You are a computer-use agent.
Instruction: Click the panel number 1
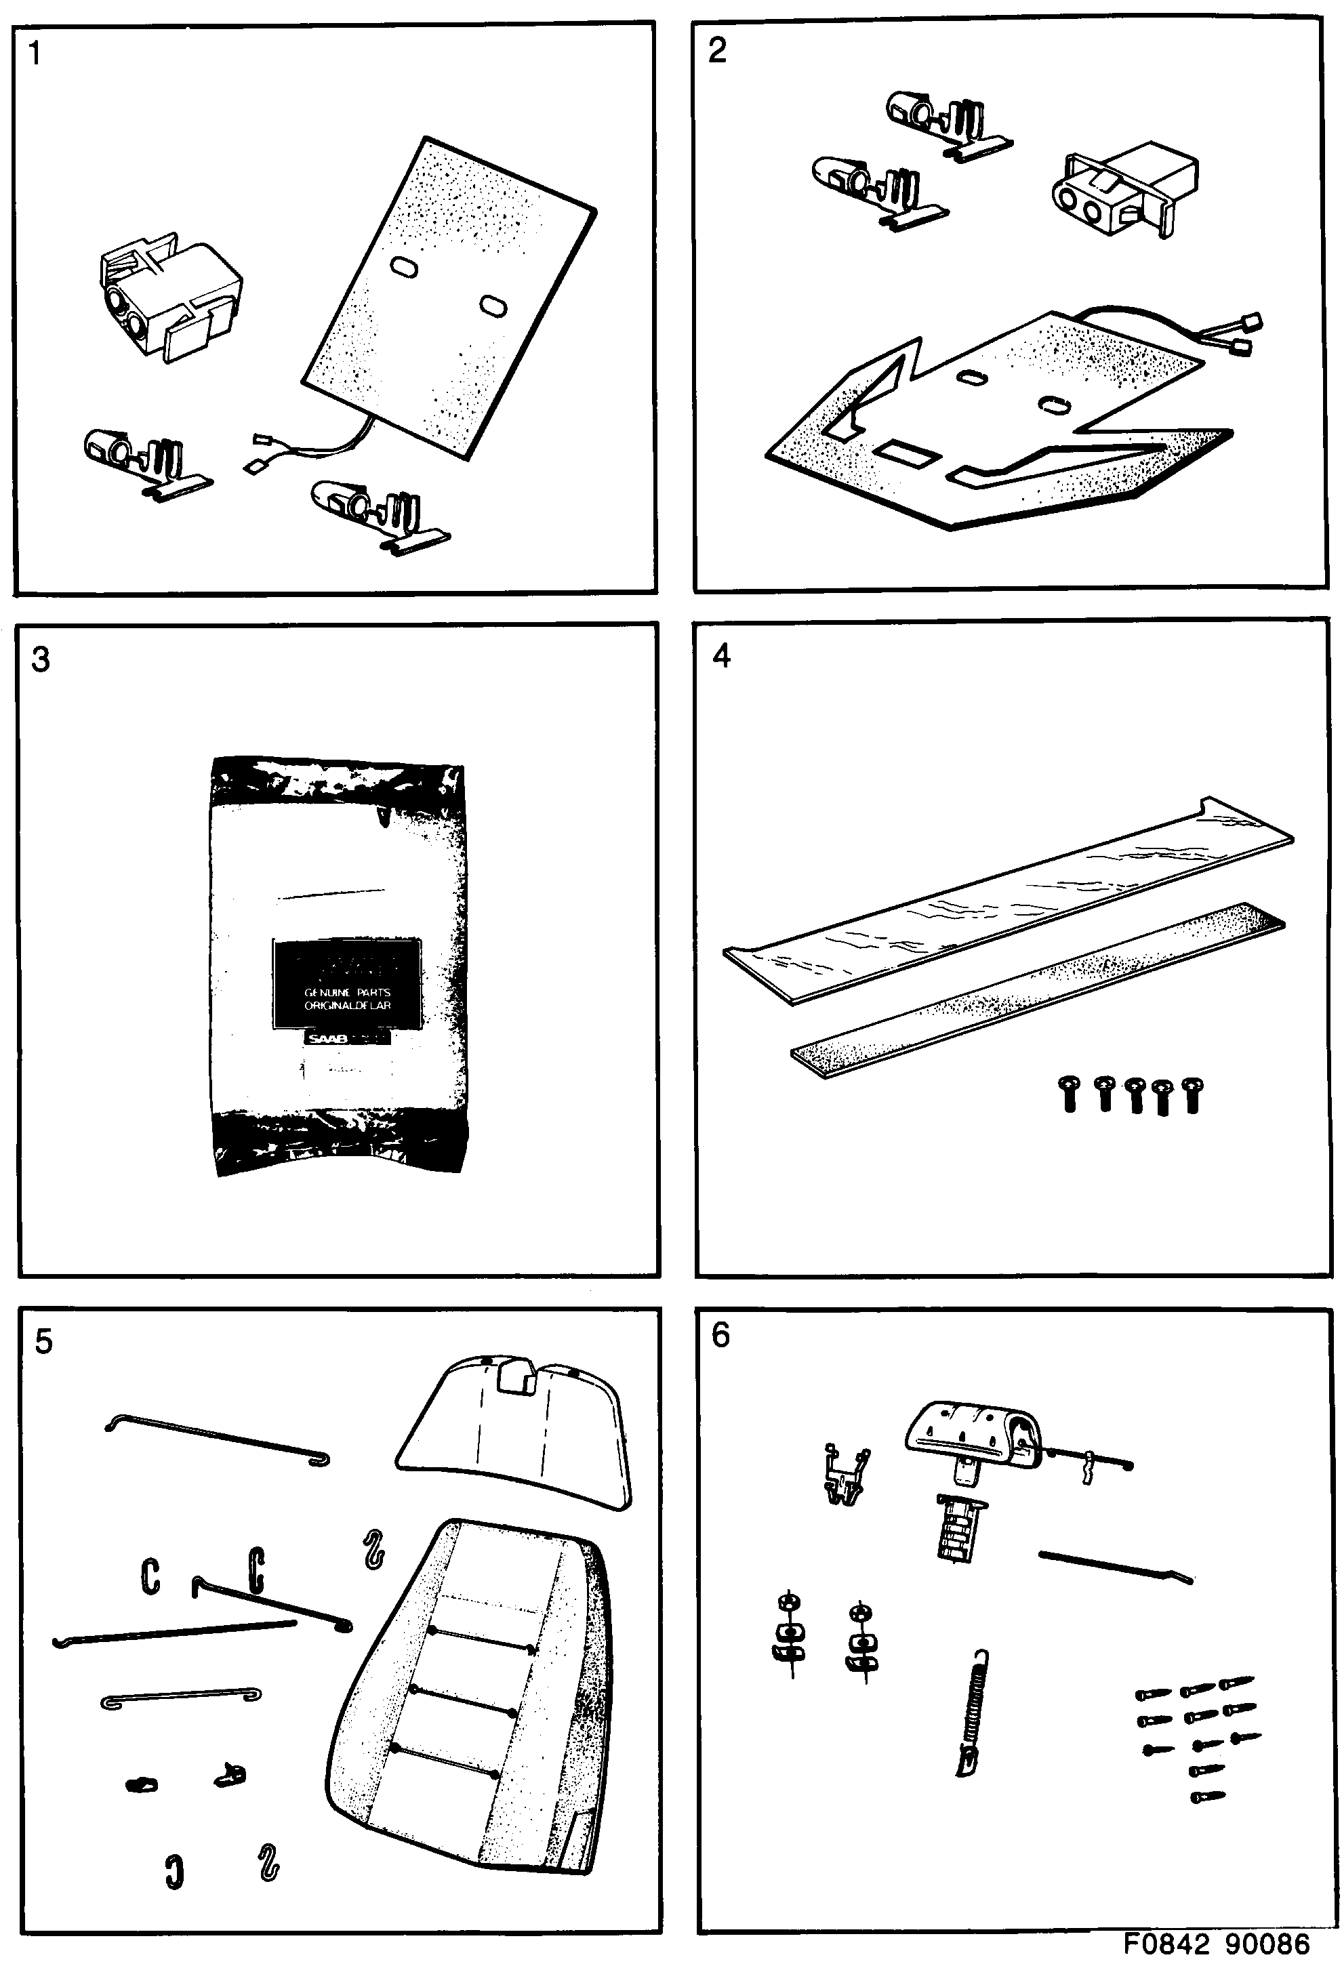click(34, 54)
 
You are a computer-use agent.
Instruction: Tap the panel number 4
click(721, 655)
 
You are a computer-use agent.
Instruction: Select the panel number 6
click(720, 1336)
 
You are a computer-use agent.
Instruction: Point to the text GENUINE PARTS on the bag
click(347, 991)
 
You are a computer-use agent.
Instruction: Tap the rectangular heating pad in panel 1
click(449, 296)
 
